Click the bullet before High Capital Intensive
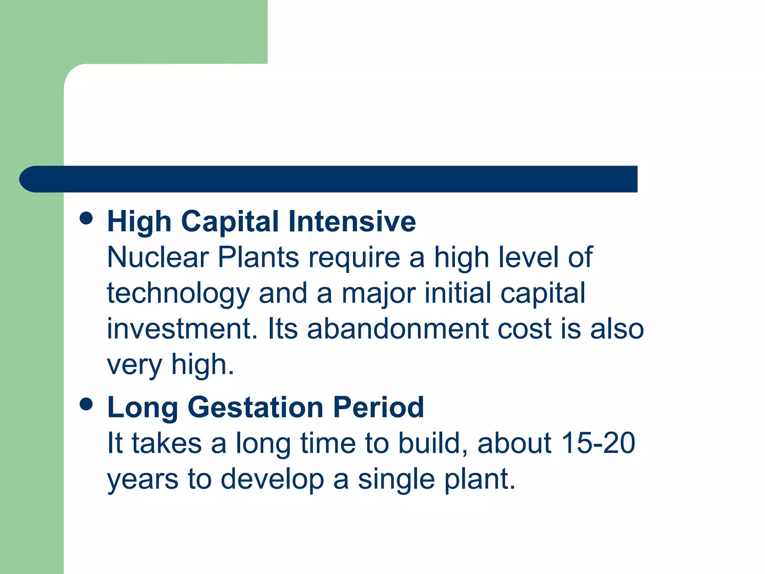click(86, 218)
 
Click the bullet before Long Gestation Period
click(86, 404)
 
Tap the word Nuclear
click(158, 257)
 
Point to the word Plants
click(258, 257)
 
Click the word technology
click(178, 294)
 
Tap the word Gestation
click(255, 408)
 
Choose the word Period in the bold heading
click(378, 407)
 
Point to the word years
click(143, 480)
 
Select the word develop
click(272, 480)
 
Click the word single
click(396, 480)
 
